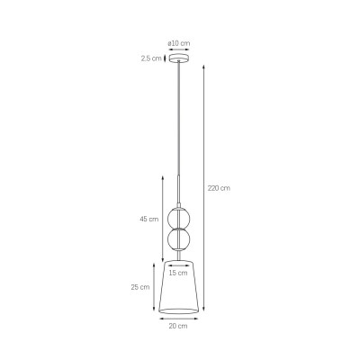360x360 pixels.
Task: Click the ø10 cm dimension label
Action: [x=179, y=43]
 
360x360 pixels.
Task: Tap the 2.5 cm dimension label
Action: [x=151, y=58]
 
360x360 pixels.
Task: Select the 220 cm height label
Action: [x=219, y=188]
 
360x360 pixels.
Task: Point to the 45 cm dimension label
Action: [x=148, y=219]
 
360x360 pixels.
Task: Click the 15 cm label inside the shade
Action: [x=178, y=273]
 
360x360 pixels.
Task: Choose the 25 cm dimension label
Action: [x=140, y=287]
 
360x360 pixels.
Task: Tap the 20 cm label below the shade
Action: [x=178, y=326]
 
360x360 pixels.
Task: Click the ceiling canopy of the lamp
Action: [x=179, y=58]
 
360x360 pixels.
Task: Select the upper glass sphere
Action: [x=178, y=219]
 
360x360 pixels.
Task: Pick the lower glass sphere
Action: [x=178, y=239]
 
